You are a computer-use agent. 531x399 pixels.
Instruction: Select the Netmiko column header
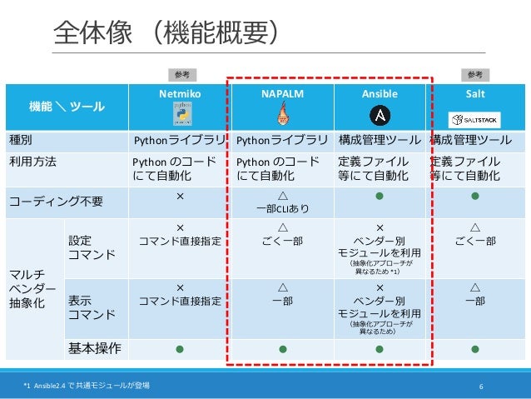click(180, 94)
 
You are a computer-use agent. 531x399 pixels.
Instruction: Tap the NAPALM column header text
click(281, 94)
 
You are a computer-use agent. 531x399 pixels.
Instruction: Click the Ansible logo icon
click(380, 115)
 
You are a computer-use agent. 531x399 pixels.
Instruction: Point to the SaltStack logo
click(474, 116)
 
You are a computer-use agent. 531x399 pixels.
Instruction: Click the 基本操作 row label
click(94, 347)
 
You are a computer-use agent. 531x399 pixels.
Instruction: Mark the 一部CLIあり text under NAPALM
click(281, 209)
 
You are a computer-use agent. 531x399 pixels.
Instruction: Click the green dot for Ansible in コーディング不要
click(380, 197)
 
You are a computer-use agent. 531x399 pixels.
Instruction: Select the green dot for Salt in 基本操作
click(475, 348)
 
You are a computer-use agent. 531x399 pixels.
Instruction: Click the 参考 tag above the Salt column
click(474, 75)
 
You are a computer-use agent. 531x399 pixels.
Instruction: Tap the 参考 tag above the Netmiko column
click(181, 75)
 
